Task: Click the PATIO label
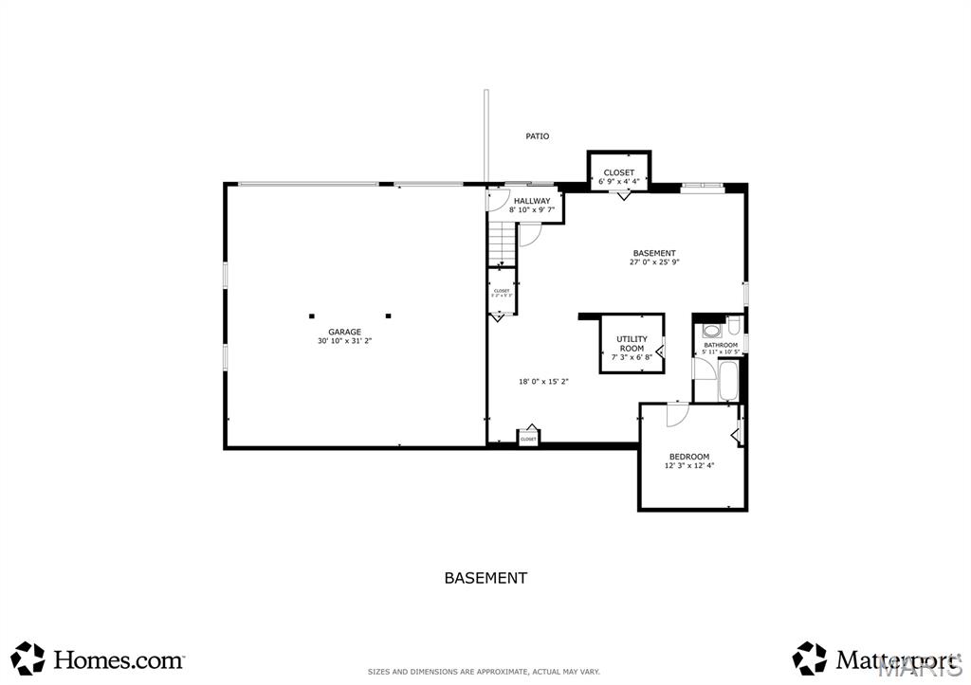pos(537,136)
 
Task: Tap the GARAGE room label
pos(344,332)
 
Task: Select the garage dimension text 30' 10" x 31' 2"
pos(344,341)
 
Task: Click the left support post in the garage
pos(310,315)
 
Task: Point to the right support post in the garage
pos(388,315)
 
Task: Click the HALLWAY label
pos(532,201)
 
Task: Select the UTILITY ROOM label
pos(632,343)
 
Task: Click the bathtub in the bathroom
pos(728,379)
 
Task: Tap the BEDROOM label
pos(689,457)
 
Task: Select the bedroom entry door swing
pos(676,413)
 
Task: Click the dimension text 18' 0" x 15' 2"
pos(543,382)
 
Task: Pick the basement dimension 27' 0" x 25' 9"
pos(654,262)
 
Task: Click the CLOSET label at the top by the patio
pos(619,172)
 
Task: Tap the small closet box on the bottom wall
pos(528,438)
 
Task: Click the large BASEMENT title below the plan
pos(485,577)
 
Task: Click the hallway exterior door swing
pos(497,200)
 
